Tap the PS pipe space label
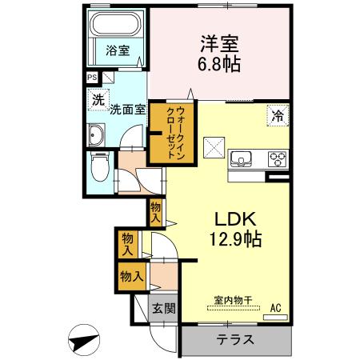tap(91, 78)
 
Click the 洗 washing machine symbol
tap(97, 100)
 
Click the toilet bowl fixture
tap(98, 167)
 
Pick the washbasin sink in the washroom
tap(95, 137)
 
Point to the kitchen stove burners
tap(276, 158)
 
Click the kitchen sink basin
tap(241, 158)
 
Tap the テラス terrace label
tap(235, 339)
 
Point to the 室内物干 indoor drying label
tap(232, 301)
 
